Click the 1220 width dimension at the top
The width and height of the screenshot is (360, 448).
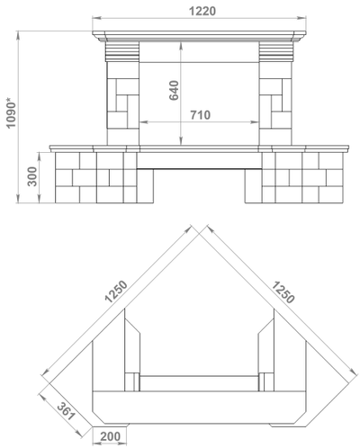click(202, 11)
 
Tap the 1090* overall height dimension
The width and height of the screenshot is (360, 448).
click(11, 112)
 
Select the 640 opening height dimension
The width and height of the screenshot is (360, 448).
click(174, 90)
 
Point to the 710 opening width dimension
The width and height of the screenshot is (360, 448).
click(201, 115)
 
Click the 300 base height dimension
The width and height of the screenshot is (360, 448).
click(32, 176)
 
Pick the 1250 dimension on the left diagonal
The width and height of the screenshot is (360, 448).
click(116, 291)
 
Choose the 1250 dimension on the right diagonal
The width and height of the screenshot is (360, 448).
click(283, 291)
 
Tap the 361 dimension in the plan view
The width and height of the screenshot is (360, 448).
click(66, 411)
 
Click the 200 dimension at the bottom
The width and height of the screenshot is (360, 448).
click(110, 436)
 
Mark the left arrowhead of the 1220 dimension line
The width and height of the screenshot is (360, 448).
click(96, 18)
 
